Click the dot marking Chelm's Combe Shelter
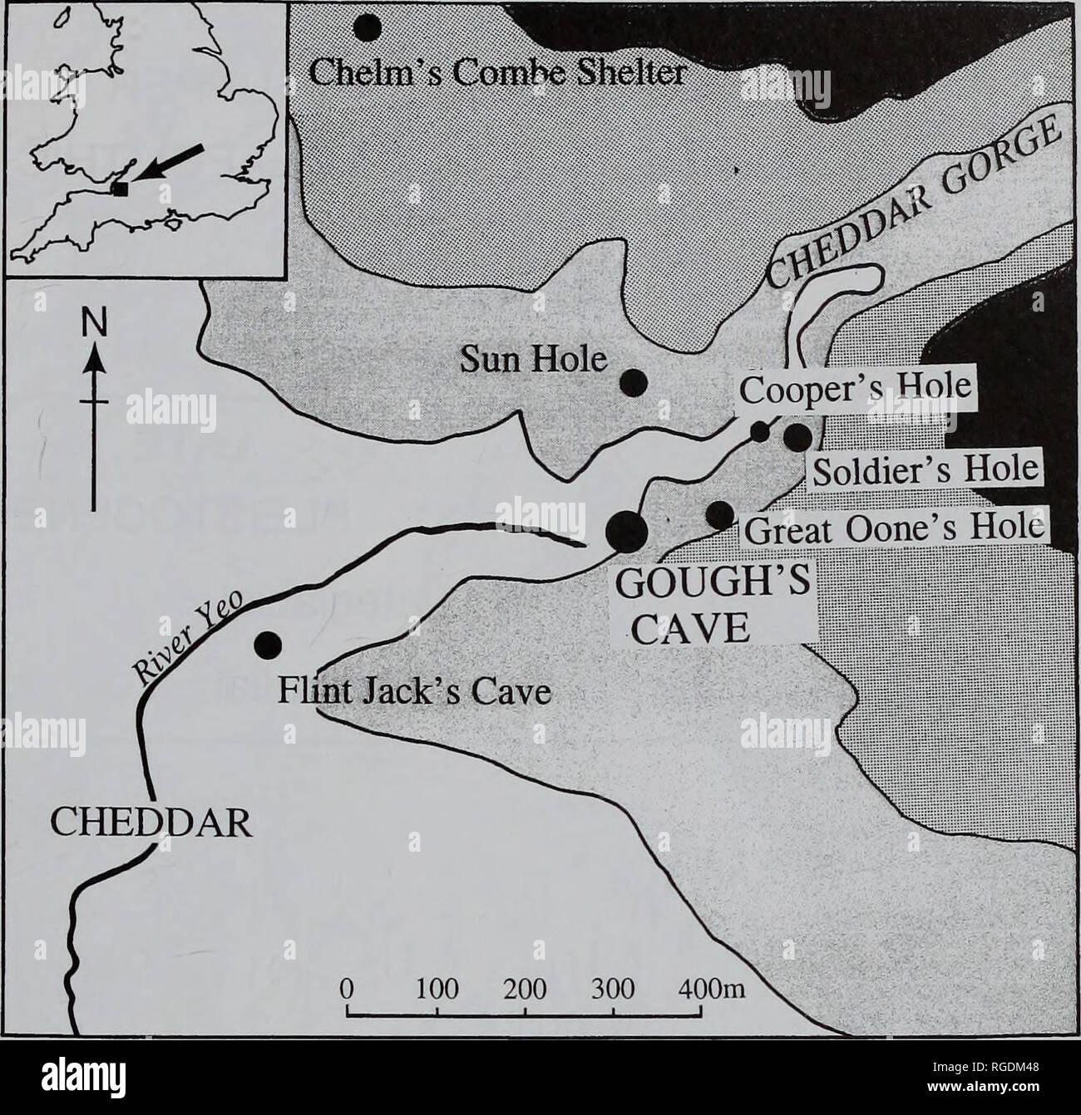(368, 27)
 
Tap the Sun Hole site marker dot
(634, 381)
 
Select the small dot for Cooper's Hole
(760, 431)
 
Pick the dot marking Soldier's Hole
(797, 435)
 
